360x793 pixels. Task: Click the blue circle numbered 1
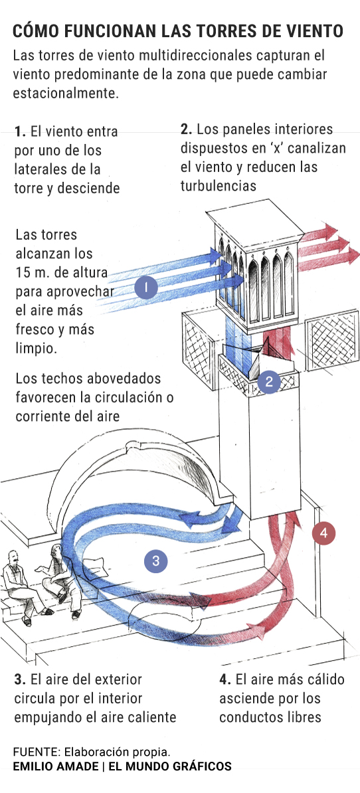click(x=146, y=288)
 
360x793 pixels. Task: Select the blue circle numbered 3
click(x=155, y=561)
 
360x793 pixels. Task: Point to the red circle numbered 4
click(x=323, y=533)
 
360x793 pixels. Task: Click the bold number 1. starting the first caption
click(x=20, y=132)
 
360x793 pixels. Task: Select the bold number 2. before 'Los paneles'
click(x=187, y=129)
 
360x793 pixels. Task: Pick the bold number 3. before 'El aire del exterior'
click(x=20, y=679)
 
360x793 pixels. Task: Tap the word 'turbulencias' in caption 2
click(x=219, y=185)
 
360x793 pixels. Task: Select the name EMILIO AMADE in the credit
click(x=56, y=766)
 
